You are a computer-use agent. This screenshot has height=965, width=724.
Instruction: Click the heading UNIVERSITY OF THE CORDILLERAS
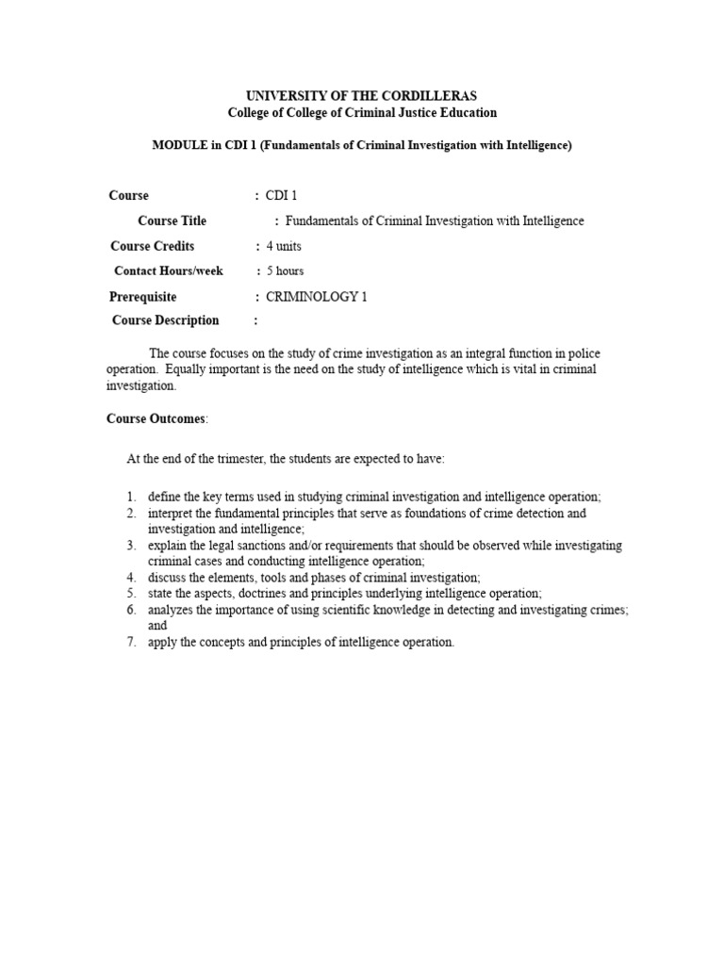coord(362,96)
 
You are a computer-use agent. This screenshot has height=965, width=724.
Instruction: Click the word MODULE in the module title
coord(178,145)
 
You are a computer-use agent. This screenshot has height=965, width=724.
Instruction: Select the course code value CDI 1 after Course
coord(282,196)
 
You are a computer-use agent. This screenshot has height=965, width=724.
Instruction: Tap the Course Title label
coord(172,221)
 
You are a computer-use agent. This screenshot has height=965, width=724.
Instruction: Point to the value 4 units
coord(284,246)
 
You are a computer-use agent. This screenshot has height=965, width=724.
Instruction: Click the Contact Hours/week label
coord(169,271)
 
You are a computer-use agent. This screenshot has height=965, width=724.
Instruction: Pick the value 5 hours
coord(285,271)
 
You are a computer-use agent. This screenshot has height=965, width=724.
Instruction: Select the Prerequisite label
coord(143,296)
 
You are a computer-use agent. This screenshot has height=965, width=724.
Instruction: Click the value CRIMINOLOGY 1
coord(317,296)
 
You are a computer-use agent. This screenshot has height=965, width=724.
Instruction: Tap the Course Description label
coord(165,320)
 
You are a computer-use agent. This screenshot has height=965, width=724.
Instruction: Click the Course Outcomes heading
coord(156,418)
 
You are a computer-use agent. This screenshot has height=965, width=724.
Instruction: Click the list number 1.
coord(131,497)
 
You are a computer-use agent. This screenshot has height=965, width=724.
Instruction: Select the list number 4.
coord(131,577)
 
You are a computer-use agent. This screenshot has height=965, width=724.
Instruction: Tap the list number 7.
coord(131,643)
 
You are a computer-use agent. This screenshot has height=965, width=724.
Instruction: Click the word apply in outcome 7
coord(161,643)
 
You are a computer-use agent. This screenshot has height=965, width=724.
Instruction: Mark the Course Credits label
coord(153,246)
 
